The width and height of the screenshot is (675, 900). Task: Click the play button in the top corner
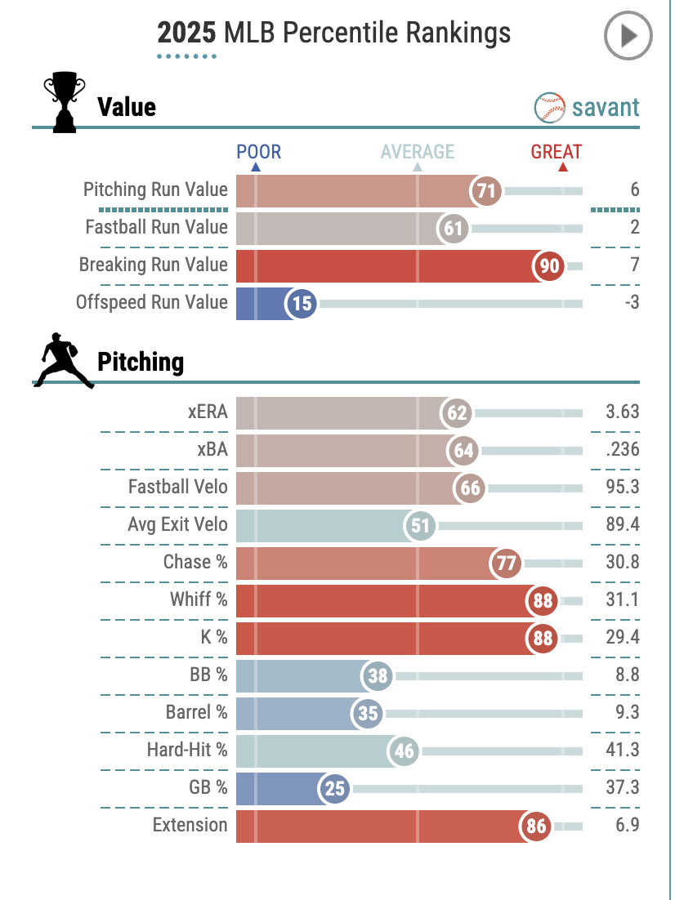[x=628, y=36]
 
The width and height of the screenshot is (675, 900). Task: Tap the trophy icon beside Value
[x=63, y=104]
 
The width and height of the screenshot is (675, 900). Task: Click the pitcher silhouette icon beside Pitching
[x=62, y=360]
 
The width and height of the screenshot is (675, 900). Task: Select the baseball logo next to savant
[x=550, y=107]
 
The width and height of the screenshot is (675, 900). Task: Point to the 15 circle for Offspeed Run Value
[x=302, y=304]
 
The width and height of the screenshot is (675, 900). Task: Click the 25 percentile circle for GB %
[x=336, y=789]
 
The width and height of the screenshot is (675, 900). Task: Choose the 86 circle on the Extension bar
[x=535, y=826]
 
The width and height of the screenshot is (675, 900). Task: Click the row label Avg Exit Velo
[x=177, y=524]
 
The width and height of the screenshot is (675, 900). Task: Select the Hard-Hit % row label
[x=187, y=750]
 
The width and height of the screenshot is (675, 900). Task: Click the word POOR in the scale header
[x=258, y=152]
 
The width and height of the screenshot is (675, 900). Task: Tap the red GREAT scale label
[x=557, y=152]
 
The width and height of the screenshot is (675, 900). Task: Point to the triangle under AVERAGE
[x=418, y=167]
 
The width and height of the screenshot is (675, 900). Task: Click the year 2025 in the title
[x=186, y=33]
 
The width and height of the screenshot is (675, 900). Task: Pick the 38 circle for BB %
[x=378, y=676]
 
